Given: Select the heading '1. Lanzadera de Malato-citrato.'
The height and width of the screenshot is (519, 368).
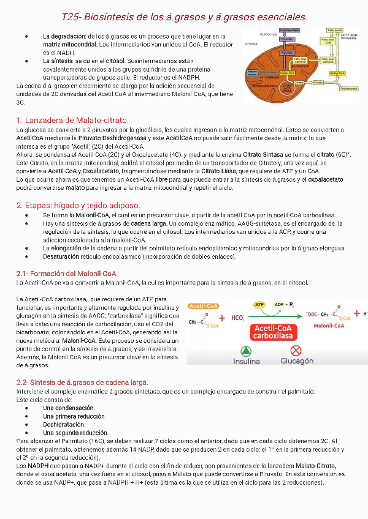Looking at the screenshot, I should pyautogui.click(x=72, y=120).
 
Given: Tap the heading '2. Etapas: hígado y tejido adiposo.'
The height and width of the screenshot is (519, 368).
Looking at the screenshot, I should pyautogui.click(x=79, y=205).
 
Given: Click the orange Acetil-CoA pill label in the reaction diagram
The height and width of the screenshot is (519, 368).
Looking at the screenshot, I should pyautogui.click(x=205, y=306).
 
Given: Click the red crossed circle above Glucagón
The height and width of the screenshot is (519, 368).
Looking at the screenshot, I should pyautogui.click(x=296, y=351).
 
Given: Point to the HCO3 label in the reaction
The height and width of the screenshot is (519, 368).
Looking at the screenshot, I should pyautogui.click(x=239, y=318).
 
